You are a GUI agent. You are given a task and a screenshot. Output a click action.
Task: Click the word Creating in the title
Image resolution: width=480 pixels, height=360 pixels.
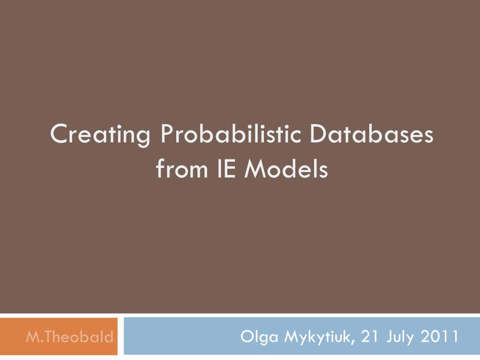[x=100, y=135]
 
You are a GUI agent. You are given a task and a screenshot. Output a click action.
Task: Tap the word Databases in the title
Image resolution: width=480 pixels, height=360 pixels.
[x=371, y=135]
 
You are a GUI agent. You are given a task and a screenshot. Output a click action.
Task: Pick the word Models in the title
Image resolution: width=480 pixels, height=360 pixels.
[x=287, y=169]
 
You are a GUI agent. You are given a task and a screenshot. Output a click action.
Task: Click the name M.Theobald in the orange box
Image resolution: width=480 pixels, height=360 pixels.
[x=69, y=337]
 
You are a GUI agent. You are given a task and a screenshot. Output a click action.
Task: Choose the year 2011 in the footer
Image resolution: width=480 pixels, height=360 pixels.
[x=440, y=337]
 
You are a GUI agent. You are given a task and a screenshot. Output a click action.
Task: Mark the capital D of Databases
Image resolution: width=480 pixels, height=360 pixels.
[x=317, y=135]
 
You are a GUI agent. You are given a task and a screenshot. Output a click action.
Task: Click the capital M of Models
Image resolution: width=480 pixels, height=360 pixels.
[x=255, y=169]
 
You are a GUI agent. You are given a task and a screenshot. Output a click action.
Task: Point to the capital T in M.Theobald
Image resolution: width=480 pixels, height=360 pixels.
[x=45, y=337]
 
